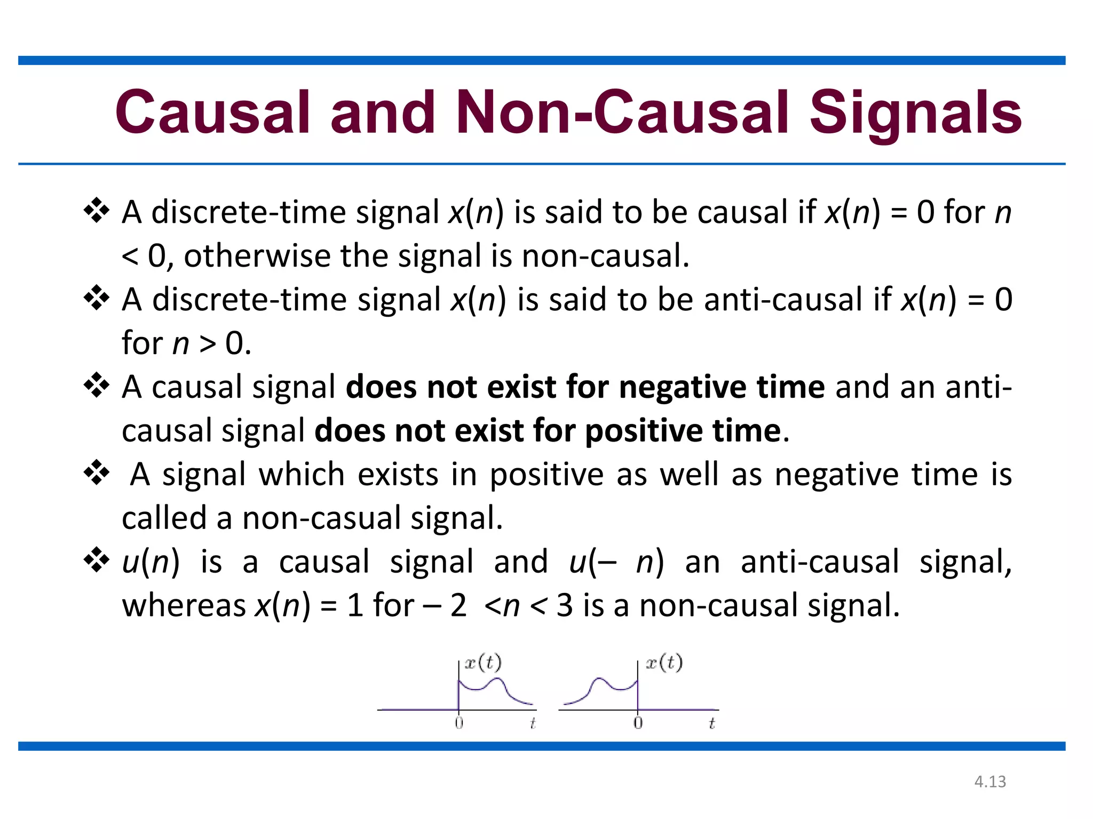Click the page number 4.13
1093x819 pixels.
click(990, 782)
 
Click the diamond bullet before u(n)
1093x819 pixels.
click(97, 560)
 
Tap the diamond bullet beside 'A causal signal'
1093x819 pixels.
click(97, 385)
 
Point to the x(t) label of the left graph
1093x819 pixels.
click(483, 663)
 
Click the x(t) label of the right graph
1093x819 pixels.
click(664, 663)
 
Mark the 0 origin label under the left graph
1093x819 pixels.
click(459, 723)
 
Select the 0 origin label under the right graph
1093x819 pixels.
click(638, 723)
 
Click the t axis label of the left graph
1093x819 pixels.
click(533, 723)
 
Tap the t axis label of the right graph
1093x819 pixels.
click(711, 723)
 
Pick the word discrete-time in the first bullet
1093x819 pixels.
click(249, 212)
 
